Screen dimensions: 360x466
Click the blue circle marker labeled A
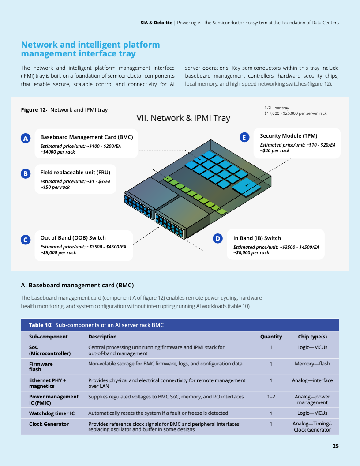tap(26, 138)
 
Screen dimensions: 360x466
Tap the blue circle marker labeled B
tap(26, 173)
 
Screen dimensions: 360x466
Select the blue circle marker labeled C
tap(26, 240)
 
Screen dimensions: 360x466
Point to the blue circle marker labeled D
tap(218, 238)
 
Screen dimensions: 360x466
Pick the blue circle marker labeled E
tap(244, 137)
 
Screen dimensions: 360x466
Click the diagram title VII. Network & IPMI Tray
tap(183, 118)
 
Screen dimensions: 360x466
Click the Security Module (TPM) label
tap(289, 136)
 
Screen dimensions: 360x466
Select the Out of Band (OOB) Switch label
tap(73, 238)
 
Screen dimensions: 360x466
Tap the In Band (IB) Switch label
tap(257, 238)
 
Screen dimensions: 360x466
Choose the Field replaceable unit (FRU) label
tap(75, 173)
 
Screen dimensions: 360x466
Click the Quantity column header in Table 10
tap(271, 337)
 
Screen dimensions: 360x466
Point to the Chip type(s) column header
tap(312, 337)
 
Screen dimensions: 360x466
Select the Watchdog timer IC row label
tap(52, 413)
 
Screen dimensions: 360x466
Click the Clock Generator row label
tap(49, 424)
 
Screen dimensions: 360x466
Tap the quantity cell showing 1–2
tap(271, 397)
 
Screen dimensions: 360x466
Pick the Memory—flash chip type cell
tap(312, 364)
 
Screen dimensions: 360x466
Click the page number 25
tap(335, 446)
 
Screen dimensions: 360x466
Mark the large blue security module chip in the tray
tap(246, 187)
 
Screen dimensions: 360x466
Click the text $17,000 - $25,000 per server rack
tap(295, 113)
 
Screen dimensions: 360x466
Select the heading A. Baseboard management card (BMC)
tap(77, 286)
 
